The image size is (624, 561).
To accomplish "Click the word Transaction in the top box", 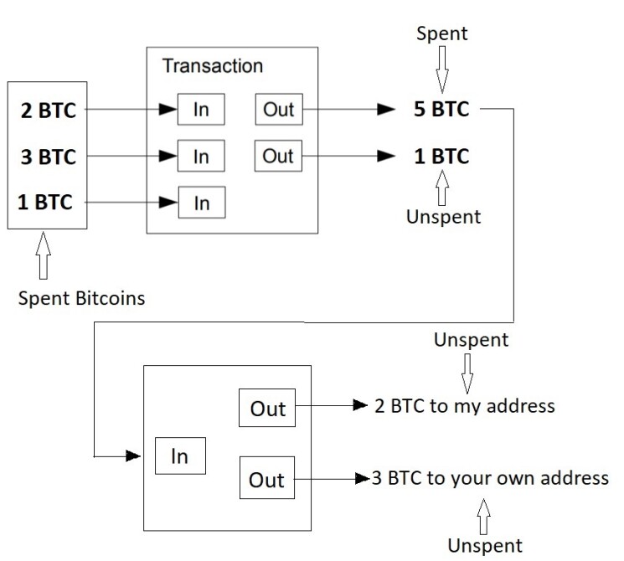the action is [213, 66].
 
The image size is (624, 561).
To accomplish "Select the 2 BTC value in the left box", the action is [48, 111].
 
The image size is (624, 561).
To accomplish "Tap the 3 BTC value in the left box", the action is [48, 157].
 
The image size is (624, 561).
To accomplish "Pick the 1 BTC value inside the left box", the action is [45, 202].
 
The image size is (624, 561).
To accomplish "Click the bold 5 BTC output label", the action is [441, 109].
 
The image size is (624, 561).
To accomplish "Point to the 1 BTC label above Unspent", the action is [441, 156].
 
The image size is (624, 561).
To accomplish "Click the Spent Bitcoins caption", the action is [81, 298].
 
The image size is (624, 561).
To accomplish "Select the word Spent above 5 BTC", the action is [441, 33].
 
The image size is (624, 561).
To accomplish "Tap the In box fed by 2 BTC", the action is [201, 110].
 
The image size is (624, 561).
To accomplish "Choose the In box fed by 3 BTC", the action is [201, 156].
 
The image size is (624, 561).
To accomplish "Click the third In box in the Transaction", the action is [202, 203].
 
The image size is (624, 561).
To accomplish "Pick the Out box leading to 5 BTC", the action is [279, 110].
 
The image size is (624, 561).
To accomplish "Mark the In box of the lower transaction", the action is [180, 456].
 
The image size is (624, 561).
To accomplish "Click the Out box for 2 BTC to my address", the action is [267, 408].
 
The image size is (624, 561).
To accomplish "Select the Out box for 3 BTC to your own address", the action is [267, 478].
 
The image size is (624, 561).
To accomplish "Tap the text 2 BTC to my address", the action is [465, 406].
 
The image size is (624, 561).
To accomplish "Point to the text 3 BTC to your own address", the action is [490, 478].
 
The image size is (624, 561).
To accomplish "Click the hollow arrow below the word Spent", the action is [442, 69].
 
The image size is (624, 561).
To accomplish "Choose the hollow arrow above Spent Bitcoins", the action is [44, 255].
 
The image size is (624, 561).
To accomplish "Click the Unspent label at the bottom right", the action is [485, 546].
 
